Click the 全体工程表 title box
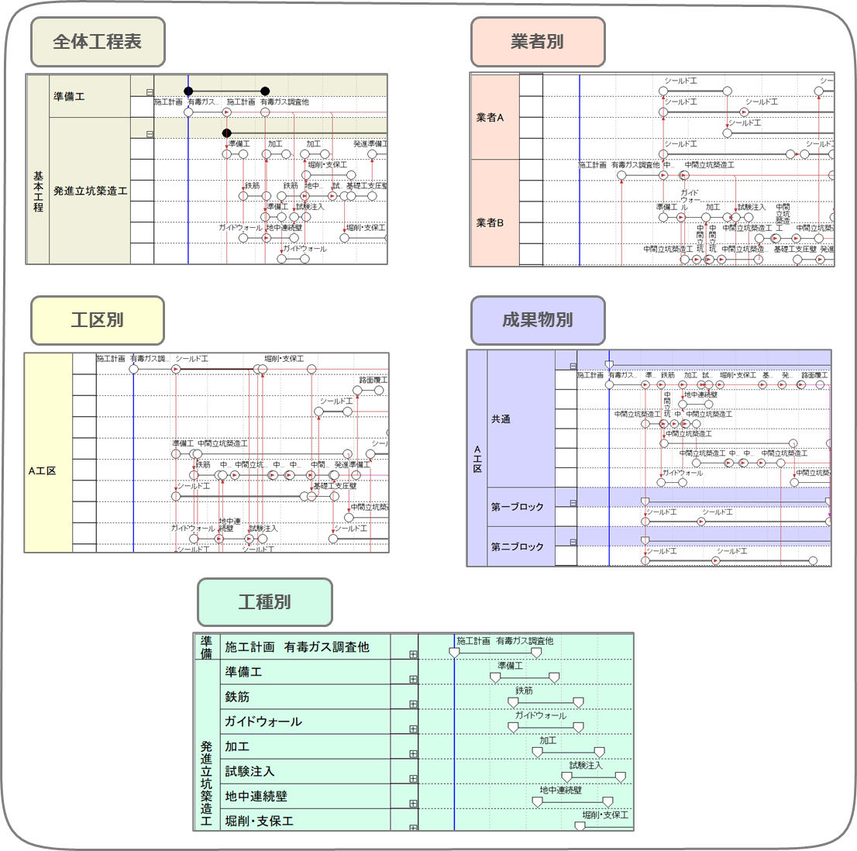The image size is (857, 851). [x=98, y=42]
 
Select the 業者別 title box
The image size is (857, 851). [x=538, y=42]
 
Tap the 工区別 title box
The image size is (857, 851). [x=98, y=320]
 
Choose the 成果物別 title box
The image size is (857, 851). [x=538, y=320]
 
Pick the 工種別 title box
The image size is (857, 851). [x=265, y=602]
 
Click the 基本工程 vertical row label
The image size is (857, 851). [x=38, y=191]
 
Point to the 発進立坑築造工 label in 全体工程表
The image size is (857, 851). [x=91, y=191]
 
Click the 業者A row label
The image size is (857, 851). [x=490, y=118]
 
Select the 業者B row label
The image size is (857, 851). [x=490, y=222]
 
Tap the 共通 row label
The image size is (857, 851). [x=501, y=419]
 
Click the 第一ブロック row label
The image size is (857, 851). [x=517, y=507]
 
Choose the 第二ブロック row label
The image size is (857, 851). [x=517, y=546]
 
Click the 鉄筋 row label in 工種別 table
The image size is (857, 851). [x=237, y=697]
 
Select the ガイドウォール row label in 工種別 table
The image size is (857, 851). [x=263, y=722]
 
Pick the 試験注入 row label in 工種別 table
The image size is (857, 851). [x=250, y=771]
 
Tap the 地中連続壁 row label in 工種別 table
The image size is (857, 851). [x=256, y=796]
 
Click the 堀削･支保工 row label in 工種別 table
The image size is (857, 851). [x=259, y=821]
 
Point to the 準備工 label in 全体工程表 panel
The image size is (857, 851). [x=70, y=97]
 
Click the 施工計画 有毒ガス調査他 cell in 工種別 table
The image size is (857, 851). [x=297, y=647]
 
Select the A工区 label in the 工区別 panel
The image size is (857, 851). [x=42, y=470]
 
